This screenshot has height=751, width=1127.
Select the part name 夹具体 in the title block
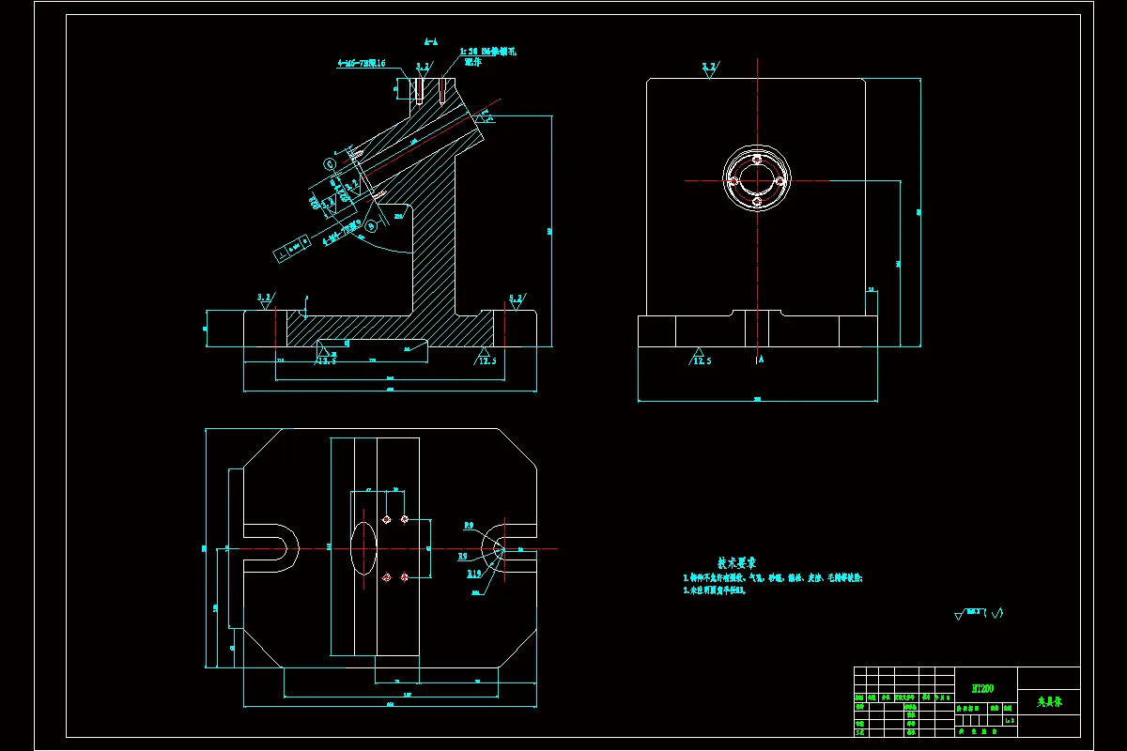click(x=1048, y=701)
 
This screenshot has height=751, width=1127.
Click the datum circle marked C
click(x=331, y=163)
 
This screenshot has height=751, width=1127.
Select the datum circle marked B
click(x=371, y=225)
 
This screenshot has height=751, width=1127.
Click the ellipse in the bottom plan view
click(x=363, y=547)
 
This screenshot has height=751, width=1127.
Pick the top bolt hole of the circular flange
click(x=756, y=158)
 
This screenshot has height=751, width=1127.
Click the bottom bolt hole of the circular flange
click(x=756, y=200)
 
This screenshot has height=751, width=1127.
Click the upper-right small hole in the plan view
click(x=405, y=519)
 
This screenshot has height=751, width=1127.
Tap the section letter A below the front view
click(x=761, y=359)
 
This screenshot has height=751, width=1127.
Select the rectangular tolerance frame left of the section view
click(x=292, y=249)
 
